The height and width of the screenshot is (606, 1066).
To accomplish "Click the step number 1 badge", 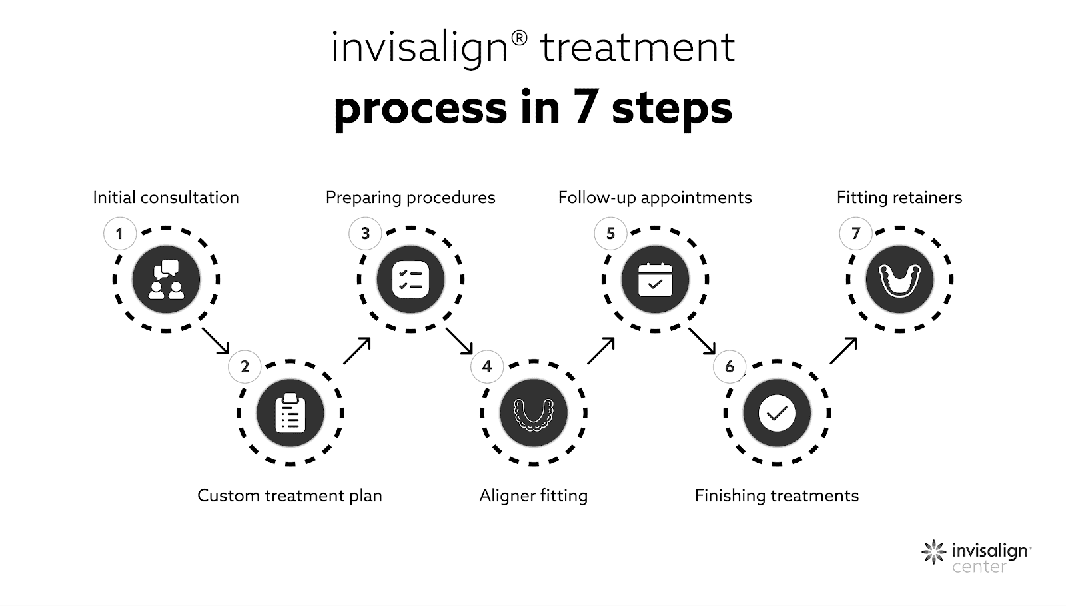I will [x=120, y=234].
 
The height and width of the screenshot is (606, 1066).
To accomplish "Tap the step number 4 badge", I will [x=487, y=367].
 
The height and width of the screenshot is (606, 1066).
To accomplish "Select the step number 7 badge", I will [x=856, y=234].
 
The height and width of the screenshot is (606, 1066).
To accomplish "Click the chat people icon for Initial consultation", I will [x=166, y=279].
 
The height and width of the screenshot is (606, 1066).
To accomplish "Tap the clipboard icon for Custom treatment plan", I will [x=290, y=413].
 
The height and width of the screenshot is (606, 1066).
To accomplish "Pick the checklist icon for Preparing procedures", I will [x=410, y=279].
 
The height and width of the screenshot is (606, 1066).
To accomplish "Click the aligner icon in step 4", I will [x=533, y=413].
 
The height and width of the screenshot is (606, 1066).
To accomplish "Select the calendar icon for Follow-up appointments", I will [x=655, y=279].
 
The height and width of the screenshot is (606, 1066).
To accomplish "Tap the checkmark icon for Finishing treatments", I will [x=777, y=413].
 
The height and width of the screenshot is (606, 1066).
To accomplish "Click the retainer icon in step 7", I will [x=899, y=279].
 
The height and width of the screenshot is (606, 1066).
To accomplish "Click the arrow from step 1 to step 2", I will [x=215, y=340].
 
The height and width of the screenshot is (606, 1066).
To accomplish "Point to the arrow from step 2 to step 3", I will [x=357, y=350].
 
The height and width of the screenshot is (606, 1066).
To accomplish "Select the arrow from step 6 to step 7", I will [x=843, y=350].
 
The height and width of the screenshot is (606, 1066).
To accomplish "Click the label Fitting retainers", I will [x=899, y=198].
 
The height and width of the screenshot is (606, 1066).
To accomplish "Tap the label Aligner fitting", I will [x=533, y=496].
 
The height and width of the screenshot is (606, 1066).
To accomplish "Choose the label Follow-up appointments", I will [x=655, y=198].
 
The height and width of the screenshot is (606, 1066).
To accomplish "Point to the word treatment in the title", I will [x=637, y=48].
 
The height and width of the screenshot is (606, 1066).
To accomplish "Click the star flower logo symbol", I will [x=933, y=552].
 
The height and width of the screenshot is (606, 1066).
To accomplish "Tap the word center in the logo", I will [x=979, y=567].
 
